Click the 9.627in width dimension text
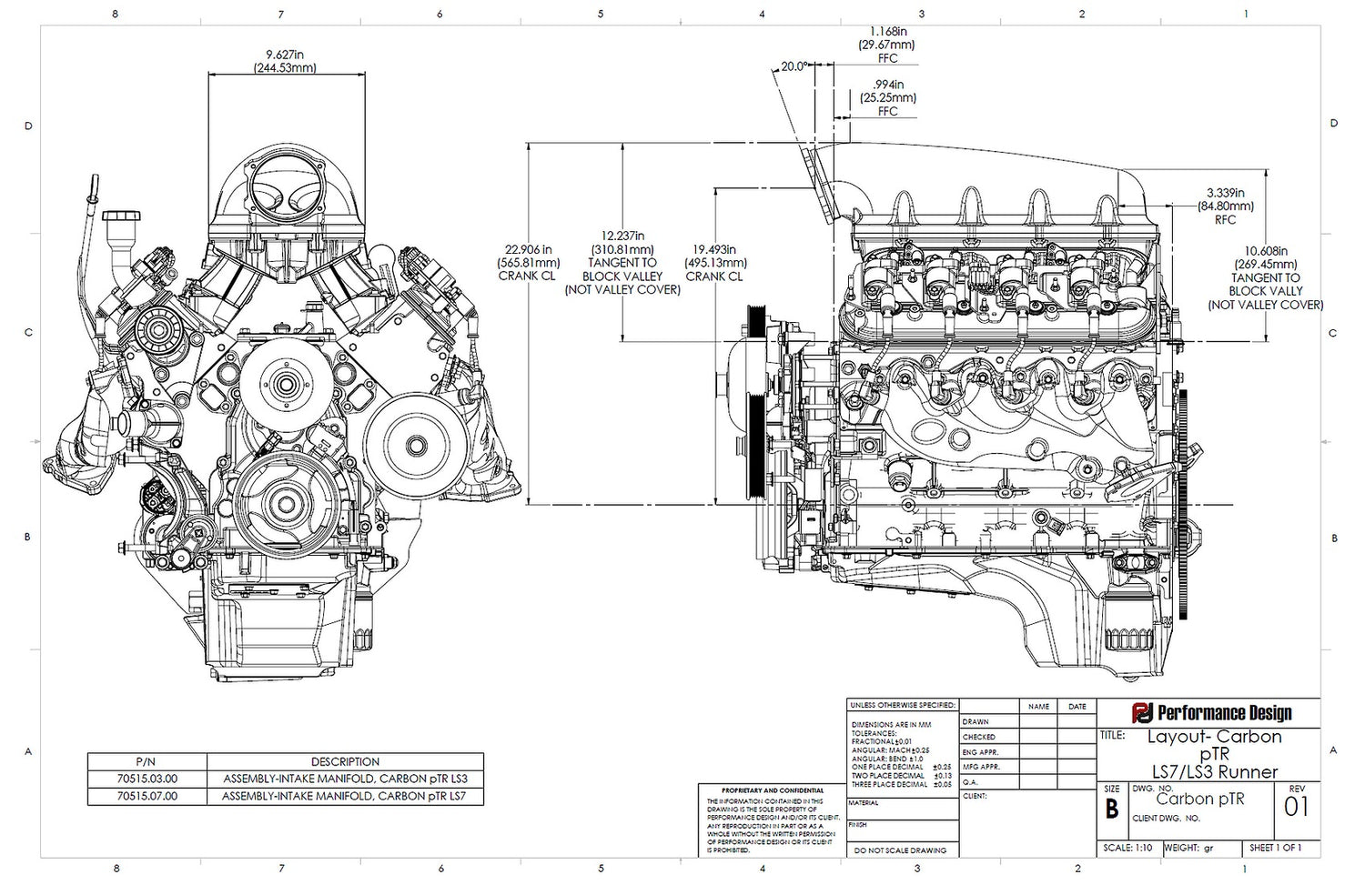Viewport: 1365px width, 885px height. (285, 54)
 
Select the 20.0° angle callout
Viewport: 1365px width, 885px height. (793, 66)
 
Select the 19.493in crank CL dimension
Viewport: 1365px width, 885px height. (713, 249)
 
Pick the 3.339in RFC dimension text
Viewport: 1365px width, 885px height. (1225, 193)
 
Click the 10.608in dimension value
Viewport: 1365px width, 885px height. (1266, 251)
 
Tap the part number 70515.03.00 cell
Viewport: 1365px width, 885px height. (147, 779)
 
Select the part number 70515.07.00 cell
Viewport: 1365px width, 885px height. (147, 796)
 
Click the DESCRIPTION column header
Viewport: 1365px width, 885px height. (345, 761)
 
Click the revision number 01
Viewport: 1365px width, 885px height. (1297, 807)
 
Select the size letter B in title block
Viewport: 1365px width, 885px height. (1111, 809)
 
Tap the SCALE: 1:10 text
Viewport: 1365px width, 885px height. (1127, 848)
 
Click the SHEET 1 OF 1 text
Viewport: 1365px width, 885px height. (1275, 848)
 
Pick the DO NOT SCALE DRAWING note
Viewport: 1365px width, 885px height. (901, 850)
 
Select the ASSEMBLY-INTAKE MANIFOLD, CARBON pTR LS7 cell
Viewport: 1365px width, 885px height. (345, 796)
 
